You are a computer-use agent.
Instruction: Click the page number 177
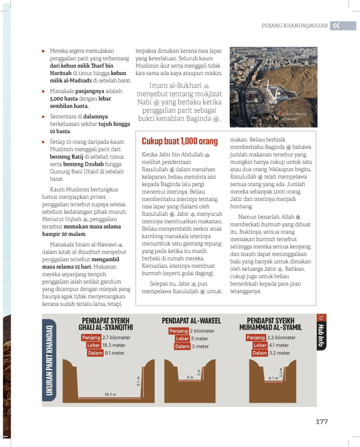pyautogui.click(x=321, y=422)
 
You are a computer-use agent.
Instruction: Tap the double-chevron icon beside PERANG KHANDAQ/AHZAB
pyautogui.click(x=336, y=26)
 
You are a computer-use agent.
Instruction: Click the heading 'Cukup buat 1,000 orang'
pyautogui.click(x=179, y=141)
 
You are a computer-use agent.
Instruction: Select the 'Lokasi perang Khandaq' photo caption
pyautogui.click(x=294, y=116)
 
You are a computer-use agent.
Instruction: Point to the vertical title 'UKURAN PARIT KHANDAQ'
pyautogui.click(x=49, y=360)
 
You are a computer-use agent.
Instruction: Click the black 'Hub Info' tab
pyautogui.click(x=321, y=335)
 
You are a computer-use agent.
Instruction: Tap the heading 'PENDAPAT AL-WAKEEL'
pyautogui.click(x=191, y=321)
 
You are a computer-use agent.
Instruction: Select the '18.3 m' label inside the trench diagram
pyautogui.click(x=110, y=394)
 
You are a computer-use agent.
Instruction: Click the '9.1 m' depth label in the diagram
pyautogui.click(x=138, y=381)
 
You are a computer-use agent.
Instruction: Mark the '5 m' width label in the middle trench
pyautogui.click(x=190, y=378)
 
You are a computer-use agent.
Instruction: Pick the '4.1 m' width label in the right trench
pyautogui.click(x=273, y=378)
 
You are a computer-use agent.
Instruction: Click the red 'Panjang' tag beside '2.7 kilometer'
pyautogui.click(x=91, y=338)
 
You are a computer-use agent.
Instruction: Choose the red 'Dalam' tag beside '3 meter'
pyautogui.click(x=182, y=346)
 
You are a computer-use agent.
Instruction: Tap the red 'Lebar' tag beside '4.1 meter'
pyautogui.click(x=260, y=345)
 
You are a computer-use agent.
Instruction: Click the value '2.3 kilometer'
pyautogui.click(x=281, y=338)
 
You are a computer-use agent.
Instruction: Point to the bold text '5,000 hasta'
pyautogui.click(x=64, y=99)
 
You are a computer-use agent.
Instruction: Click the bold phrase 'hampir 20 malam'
pyautogui.click(x=64, y=234)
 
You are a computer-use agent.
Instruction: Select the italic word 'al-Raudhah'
pyautogui.click(x=86, y=252)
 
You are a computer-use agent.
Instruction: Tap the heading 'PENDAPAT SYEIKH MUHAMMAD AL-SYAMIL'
pyautogui.click(x=270, y=324)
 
